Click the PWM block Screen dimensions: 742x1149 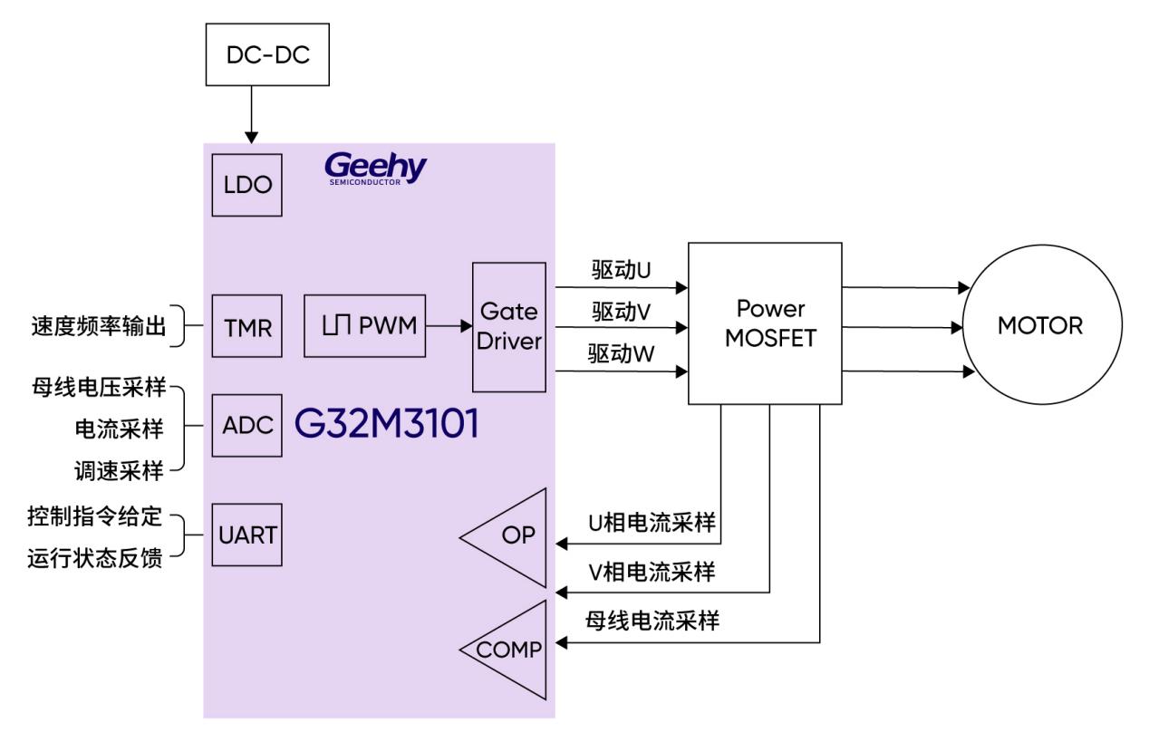click(364, 326)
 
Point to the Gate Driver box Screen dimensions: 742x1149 click(509, 327)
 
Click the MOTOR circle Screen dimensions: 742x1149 click(1040, 326)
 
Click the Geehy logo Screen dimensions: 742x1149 click(375, 169)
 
